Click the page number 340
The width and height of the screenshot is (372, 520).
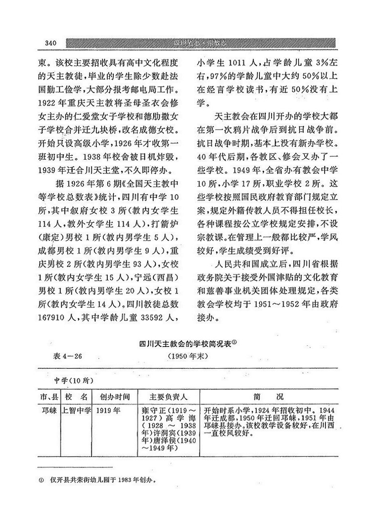(x=52, y=43)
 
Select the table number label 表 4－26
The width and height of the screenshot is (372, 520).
(x=67, y=356)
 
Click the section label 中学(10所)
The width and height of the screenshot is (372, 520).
(x=74, y=381)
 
